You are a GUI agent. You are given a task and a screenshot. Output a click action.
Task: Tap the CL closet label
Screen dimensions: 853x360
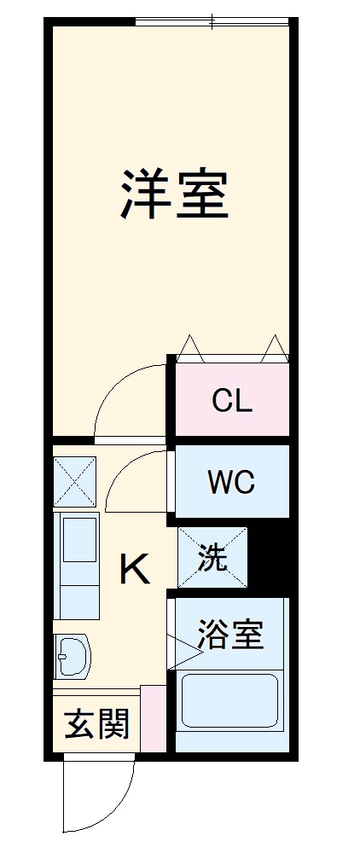click(232, 401)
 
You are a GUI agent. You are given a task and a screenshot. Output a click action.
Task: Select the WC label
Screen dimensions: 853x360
click(231, 482)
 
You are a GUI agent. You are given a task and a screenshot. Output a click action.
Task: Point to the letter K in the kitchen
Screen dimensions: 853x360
click(135, 569)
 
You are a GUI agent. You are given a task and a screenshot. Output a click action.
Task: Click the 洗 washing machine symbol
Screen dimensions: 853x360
click(212, 557)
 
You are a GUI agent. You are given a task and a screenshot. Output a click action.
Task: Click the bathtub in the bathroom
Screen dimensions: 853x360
click(229, 702)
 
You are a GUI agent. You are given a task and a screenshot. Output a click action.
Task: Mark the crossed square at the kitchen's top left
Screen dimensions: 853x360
click(75, 483)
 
